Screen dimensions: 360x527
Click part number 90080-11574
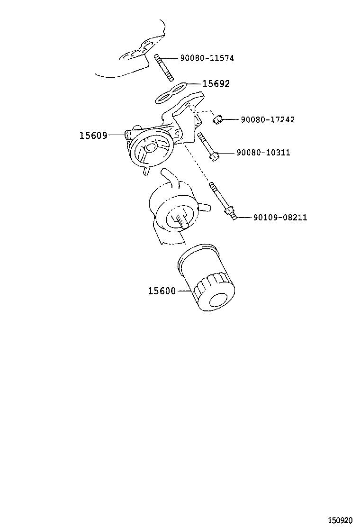coord(207,58)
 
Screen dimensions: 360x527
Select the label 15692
coord(216,84)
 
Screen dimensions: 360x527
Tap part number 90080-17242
coord(268,119)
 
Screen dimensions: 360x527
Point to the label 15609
coord(93,136)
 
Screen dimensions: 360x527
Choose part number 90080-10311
coord(263,153)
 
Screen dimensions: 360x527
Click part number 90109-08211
coord(280,218)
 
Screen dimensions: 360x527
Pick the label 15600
coord(162,291)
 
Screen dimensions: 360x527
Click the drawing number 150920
coord(340,520)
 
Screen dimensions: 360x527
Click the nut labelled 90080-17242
coord(217,119)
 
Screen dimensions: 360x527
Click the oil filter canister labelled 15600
coord(206,278)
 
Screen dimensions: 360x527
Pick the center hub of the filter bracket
coord(149,147)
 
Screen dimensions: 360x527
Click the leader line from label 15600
coord(184,291)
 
